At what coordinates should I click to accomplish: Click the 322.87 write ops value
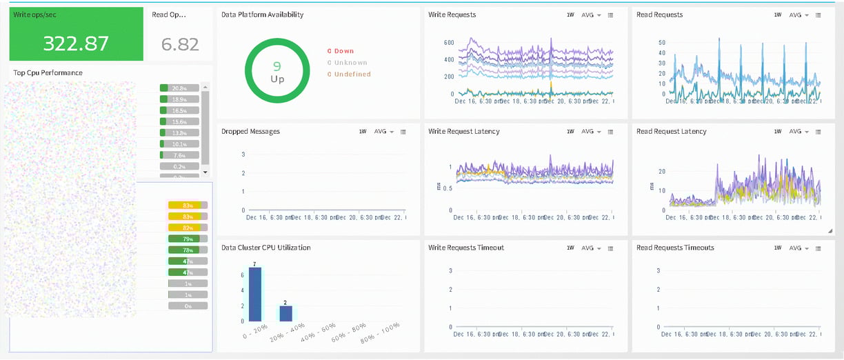(76, 43)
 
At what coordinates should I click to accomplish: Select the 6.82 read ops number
(180, 45)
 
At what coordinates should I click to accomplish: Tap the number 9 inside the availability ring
(277, 66)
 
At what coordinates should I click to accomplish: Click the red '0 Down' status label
(341, 51)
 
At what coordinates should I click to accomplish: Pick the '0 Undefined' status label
(349, 74)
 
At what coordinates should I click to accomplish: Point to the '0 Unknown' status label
(347, 63)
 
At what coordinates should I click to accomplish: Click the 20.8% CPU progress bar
(179, 88)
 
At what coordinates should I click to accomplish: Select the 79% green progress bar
(187, 239)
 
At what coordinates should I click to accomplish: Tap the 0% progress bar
(187, 306)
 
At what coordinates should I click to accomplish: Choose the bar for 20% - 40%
(285, 313)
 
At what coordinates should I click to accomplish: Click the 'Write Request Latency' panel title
(463, 132)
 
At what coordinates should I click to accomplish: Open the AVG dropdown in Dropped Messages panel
(383, 132)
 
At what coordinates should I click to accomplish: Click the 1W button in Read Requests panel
(778, 15)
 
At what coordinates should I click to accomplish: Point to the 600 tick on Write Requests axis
(448, 43)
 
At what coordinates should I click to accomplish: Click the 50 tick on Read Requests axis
(661, 43)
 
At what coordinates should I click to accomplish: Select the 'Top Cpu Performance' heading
(48, 72)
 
